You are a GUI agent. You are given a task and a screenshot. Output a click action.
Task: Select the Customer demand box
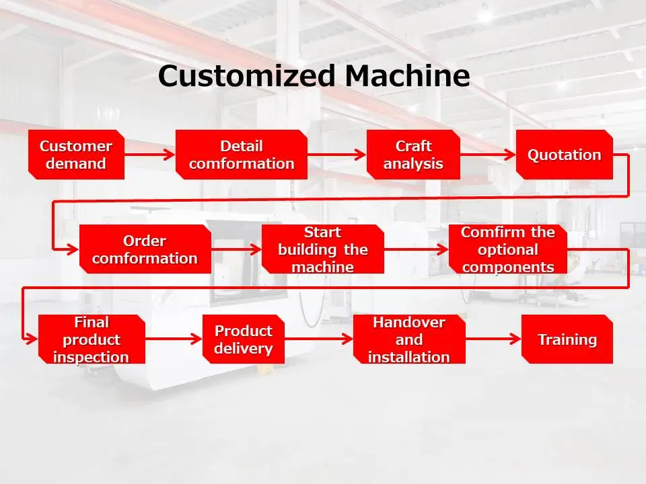(76, 155)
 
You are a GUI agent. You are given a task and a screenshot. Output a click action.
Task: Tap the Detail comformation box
(242, 155)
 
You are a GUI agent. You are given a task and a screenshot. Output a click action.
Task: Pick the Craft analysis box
(413, 155)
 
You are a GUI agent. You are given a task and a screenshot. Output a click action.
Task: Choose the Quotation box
(564, 155)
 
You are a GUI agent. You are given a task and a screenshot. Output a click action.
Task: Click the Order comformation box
(145, 249)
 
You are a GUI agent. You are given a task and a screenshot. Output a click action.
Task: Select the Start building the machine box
(322, 249)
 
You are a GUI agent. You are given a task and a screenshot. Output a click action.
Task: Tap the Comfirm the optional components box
(507, 249)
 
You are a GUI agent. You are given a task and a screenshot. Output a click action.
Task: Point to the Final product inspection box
(91, 339)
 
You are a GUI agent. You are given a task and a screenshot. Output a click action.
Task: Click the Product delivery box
(243, 339)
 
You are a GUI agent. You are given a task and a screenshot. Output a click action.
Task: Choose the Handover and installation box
(409, 339)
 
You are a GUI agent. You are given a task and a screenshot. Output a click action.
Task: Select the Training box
(567, 339)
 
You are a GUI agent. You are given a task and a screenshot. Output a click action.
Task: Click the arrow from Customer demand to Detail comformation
(149, 155)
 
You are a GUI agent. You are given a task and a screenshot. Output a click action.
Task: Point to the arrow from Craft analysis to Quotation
(487, 155)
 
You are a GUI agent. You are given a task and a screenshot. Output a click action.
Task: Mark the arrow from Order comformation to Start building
(236, 249)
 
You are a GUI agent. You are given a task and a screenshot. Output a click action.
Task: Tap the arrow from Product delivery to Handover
(318, 339)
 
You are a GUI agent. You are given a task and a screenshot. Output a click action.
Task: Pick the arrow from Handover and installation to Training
(493, 339)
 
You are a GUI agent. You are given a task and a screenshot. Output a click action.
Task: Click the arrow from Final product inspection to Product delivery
(174, 339)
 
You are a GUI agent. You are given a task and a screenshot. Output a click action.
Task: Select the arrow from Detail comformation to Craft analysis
(336, 155)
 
